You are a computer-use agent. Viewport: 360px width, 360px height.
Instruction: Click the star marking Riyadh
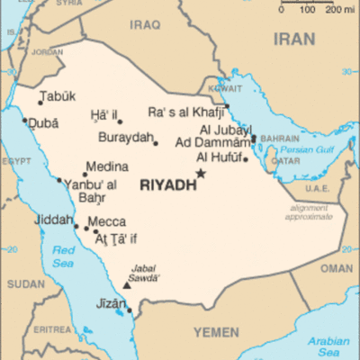(x=202, y=173)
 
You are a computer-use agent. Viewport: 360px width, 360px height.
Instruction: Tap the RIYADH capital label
(x=167, y=185)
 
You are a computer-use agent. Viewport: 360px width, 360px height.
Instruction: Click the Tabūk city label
(x=58, y=96)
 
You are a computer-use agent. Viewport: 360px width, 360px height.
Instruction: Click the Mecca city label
(x=106, y=222)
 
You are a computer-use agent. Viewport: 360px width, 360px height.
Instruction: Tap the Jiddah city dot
(x=77, y=226)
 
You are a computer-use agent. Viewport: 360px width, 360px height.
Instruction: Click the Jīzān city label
(x=111, y=303)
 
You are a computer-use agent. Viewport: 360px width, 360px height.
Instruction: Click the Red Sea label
(x=63, y=256)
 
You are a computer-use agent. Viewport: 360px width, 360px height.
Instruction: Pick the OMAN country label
(x=337, y=268)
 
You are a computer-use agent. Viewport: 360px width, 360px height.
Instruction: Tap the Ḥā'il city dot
(x=120, y=121)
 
